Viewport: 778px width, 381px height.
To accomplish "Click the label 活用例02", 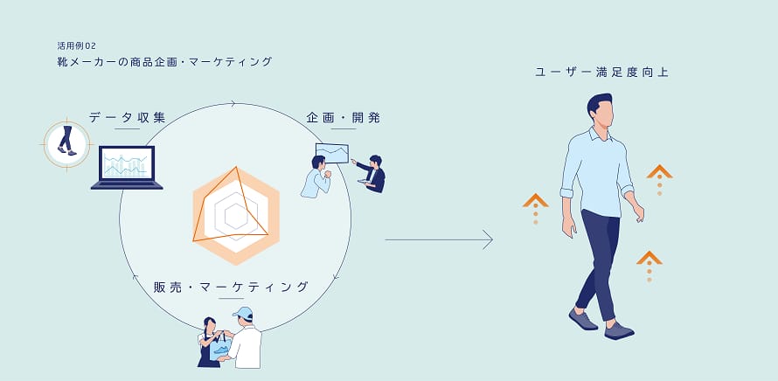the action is point(76,46).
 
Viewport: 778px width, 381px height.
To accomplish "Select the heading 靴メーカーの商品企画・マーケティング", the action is point(164,62).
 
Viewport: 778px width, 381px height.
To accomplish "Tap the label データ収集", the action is point(127,118).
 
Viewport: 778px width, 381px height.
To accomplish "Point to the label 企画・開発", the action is point(344,118).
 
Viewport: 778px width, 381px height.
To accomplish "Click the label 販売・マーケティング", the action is point(232,287).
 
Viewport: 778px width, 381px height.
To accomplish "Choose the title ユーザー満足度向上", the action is point(602,73).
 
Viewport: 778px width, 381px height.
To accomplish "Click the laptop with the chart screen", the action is point(127,168).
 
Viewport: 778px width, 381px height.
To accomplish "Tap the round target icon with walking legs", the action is point(66,144).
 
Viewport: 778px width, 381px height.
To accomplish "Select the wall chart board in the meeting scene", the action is point(332,153).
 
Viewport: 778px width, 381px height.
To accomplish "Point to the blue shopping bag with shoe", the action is point(220,347).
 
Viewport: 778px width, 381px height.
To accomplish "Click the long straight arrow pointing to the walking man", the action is point(439,239).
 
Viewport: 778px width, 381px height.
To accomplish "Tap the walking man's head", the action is point(601,110).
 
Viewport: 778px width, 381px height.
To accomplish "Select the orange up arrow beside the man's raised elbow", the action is point(659,179).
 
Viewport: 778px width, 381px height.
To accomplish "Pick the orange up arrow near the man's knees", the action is point(649,267).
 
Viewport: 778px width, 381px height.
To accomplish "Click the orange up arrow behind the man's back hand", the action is point(535,208).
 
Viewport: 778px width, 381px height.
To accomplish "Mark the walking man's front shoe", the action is point(619,331).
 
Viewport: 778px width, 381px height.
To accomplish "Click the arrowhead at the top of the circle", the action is point(233,104).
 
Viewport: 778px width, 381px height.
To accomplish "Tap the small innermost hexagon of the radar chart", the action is point(236,217).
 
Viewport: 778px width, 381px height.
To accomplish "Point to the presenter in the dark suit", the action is point(373,174).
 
